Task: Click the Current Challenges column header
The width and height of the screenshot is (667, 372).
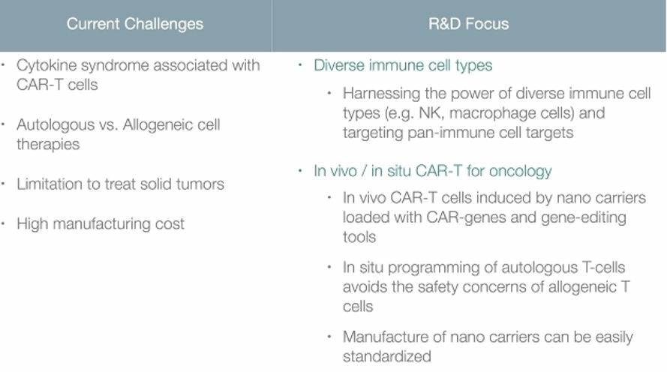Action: click(135, 24)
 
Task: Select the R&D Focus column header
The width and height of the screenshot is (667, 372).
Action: click(468, 24)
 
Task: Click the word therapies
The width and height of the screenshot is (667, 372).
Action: click(48, 145)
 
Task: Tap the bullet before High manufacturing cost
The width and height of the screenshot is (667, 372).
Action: click(4, 223)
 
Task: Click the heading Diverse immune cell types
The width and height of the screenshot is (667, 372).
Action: click(403, 65)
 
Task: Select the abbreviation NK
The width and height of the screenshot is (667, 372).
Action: click(430, 113)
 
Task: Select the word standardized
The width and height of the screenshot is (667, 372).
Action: click(386, 356)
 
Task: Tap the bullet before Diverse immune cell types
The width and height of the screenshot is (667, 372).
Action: click(300, 64)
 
